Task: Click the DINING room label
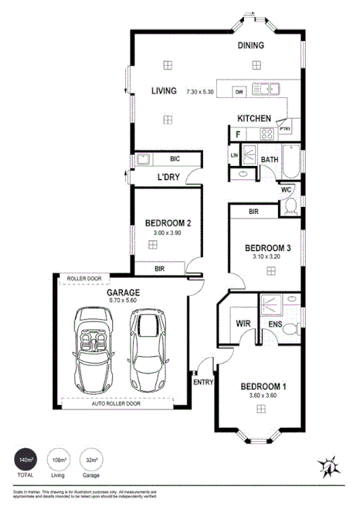[x=251, y=46]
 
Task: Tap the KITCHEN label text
[x=253, y=118]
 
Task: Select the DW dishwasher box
[x=239, y=91]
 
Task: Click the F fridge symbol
[x=236, y=134]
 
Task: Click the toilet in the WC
[x=290, y=206]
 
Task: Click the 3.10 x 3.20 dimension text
[x=267, y=256]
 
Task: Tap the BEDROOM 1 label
[x=263, y=386]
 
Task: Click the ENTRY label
[x=203, y=382]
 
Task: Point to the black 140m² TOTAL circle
[x=26, y=463]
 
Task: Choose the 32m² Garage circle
[x=91, y=463]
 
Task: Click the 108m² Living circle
[x=59, y=463]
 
